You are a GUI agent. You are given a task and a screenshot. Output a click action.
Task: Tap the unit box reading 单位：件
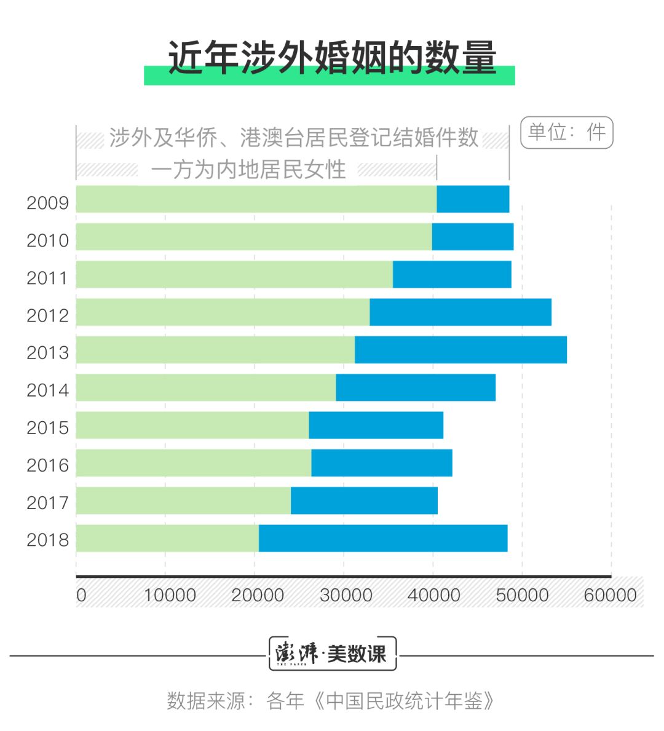[x=566, y=132]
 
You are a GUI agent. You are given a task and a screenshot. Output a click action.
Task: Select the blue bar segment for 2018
[x=382, y=539]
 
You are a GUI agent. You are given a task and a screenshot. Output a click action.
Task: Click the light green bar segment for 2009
[x=256, y=199]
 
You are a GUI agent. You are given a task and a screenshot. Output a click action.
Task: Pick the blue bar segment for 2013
[x=460, y=350]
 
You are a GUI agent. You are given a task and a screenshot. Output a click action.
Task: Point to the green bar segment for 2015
[x=192, y=425]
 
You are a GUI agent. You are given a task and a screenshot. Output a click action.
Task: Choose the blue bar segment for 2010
[x=472, y=237]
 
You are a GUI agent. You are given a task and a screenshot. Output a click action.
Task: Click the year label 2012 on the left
[x=47, y=315]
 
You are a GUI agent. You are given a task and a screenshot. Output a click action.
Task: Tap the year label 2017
[x=47, y=503]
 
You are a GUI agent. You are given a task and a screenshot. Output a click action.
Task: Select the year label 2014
[x=47, y=390]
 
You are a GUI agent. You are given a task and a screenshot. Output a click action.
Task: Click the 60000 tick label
[x=610, y=595]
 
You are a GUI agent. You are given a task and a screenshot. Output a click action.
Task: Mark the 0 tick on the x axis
[x=81, y=595]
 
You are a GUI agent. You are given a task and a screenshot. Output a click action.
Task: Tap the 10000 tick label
[x=170, y=595]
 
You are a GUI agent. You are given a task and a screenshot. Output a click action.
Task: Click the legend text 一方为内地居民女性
[x=248, y=170]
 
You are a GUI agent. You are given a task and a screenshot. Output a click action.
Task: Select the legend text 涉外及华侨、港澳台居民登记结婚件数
[x=294, y=138]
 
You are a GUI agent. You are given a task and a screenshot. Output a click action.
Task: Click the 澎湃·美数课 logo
[x=332, y=654]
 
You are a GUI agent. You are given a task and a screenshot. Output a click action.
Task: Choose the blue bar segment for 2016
[x=381, y=463]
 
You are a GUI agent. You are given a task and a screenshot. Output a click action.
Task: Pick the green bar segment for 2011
[x=234, y=274]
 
